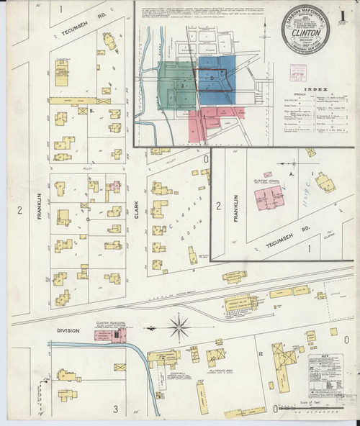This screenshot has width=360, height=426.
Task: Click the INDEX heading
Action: [x=315, y=89]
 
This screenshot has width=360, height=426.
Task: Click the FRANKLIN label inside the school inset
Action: [x=233, y=200]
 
